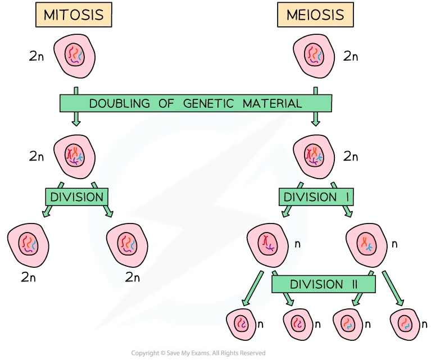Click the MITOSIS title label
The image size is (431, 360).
click(x=74, y=15)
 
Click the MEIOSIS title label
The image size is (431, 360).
click(x=316, y=15)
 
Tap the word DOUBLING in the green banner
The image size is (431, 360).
click(x=119, y=103)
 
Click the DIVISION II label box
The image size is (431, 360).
click(x=323, y=284)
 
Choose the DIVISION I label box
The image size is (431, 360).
click(x=317, y=197)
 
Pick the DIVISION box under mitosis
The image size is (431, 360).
click(x=77, y=197)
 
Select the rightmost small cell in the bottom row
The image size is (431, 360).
click(x=405, y=324)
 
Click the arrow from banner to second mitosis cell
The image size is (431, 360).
click(x=76, y=119)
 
